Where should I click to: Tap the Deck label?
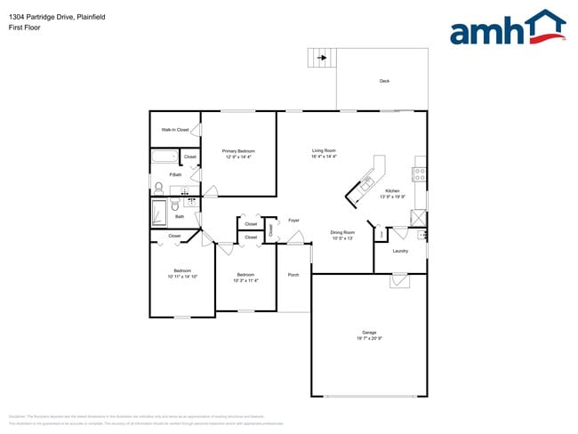(x=384, y=81)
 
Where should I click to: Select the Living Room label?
(x=323, y=150)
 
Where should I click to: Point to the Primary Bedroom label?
(x=238, y=151)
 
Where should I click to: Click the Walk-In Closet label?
(x=174, y=130)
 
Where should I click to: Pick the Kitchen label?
(x=392, y=191)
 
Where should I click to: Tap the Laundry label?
(x=400, y=250)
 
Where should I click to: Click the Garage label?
(x=369, y=333)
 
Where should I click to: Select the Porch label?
(x=293, y=275)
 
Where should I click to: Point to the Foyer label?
(x=293, y=220)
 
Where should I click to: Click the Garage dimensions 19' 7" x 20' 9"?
(x=369, y=339)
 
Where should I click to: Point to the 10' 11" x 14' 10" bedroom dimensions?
(x=182, y=277)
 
